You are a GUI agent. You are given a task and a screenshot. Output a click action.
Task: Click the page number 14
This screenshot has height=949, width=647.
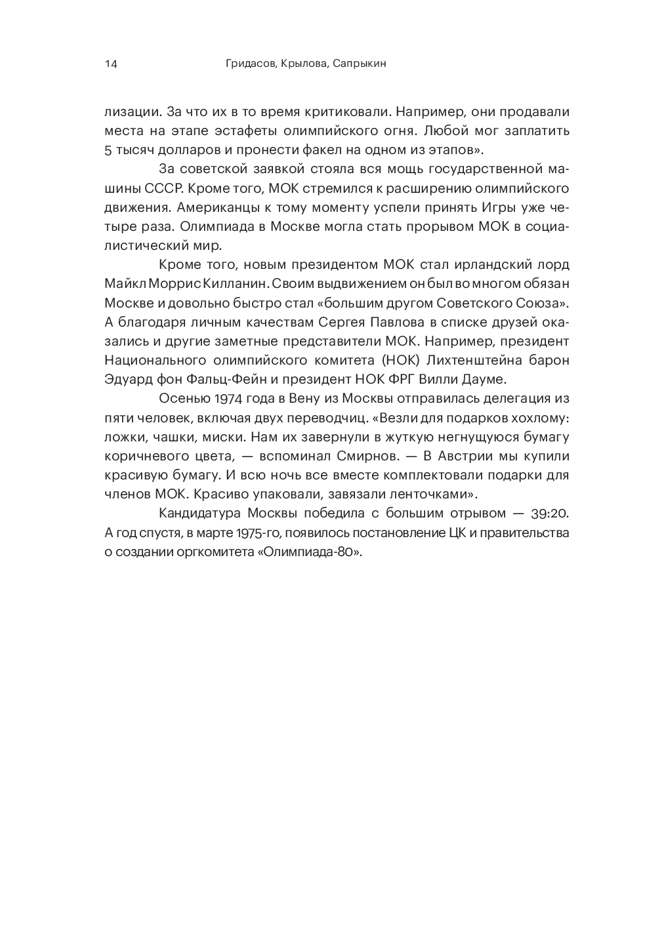110,64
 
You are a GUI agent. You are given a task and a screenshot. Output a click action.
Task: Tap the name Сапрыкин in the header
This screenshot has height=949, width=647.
358,64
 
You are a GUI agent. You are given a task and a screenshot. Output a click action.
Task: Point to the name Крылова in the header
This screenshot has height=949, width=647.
304,64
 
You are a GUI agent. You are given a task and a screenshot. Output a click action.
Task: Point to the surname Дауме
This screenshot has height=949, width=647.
484,379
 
